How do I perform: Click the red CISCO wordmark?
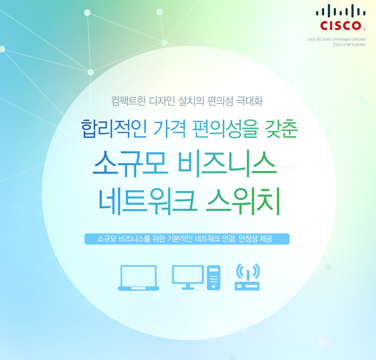click(x=340, y=26)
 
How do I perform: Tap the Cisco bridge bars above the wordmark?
click(x=340, y=11)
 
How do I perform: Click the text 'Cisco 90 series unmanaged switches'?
click(x=336, y=39)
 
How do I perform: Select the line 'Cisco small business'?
click(x=349, y=45)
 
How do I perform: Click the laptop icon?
click(x=138, y=278)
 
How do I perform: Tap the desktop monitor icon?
click(x=188, y=277)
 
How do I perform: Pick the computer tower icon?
click(x=214, y=278)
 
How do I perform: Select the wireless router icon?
click(x=247, y=277)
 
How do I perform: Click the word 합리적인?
click(x=114, y=129)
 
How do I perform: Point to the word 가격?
click(x=169, y=129)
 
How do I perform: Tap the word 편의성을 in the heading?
click(x=226, y=129)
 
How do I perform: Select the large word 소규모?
click(x=131, y=163)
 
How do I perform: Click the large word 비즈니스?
click(x=227, y=163)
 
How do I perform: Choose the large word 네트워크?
click(x=148, y=201)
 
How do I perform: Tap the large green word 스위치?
click(x=243, y=201)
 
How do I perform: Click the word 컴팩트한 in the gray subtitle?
click(x=129, y=101)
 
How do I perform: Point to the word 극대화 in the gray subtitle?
click(x=250, y=101)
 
